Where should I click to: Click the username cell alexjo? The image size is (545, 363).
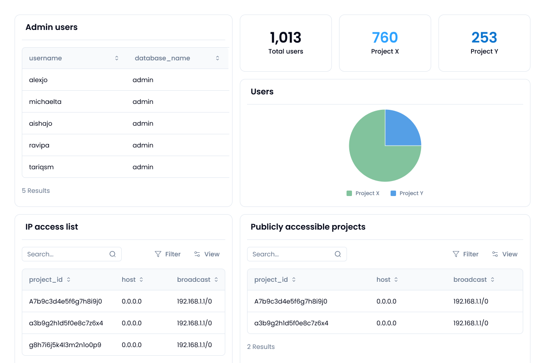39,80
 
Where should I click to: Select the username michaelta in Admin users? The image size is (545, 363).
45,102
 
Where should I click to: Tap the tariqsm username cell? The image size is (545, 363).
41,167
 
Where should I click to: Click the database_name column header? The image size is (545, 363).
162,58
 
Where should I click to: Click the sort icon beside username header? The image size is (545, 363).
117,58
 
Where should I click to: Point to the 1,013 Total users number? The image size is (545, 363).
285,38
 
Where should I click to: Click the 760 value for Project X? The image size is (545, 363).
385,38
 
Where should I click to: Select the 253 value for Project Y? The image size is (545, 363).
484,38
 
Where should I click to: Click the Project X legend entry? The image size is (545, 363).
363,193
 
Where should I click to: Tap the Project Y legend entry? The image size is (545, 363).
407,193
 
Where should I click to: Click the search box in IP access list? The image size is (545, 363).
67,254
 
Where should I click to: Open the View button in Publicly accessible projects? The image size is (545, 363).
505,254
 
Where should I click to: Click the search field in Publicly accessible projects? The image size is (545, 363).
292,254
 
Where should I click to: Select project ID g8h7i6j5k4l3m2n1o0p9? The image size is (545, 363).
65,345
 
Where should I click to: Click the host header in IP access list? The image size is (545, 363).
129,280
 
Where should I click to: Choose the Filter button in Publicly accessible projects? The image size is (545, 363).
466,254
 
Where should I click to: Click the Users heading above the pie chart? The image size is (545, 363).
262,92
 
